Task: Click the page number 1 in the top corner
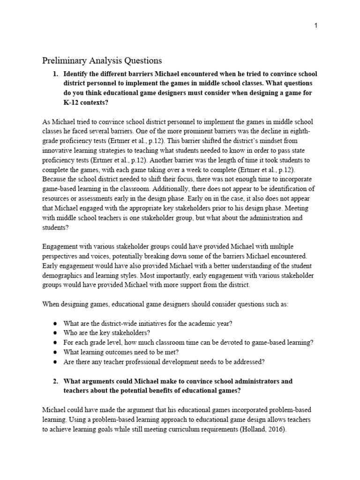pos(316,26)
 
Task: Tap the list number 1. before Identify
pos(55,74)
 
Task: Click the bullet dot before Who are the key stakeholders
pos(55,333)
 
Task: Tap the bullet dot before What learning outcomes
pos(55,352)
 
